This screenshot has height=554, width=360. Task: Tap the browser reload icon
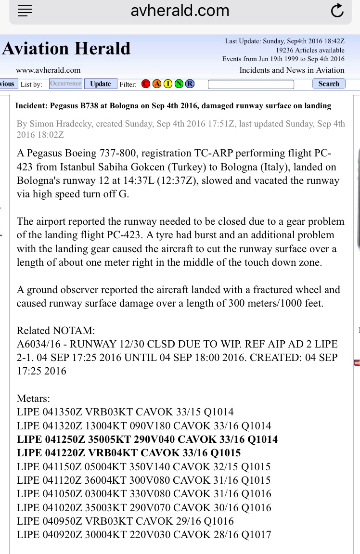click(337, 11)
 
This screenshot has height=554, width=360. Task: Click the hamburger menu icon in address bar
click(25, 11)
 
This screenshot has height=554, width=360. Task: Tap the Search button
click(329, 84)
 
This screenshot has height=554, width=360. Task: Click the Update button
click(101, 84)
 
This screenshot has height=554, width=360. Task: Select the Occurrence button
click(65, 84)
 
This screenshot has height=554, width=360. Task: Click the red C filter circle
click(146, 84)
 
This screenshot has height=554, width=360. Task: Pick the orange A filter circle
click(157, 84)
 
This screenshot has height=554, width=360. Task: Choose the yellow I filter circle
click(168, 84)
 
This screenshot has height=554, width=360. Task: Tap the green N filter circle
click(179, 84)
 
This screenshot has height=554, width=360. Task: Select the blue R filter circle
click(190, 84)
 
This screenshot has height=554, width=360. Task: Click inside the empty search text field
click(251, 84)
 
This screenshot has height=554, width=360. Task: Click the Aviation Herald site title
click(66, 49)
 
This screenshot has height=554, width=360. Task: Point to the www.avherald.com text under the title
click(48, 70)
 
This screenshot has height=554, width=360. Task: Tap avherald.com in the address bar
click(180, 11)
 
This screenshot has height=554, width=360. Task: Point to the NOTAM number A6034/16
click(38, 344)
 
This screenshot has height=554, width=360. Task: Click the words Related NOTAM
click(56, 331)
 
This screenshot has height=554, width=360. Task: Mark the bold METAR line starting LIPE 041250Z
click(147, 439)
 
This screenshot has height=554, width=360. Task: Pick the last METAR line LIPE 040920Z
click(144, 535)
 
